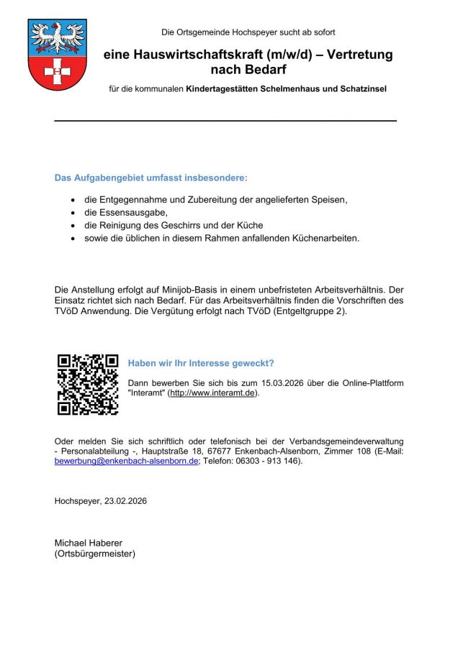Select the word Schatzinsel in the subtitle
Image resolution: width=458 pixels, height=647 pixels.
tap(362, 89)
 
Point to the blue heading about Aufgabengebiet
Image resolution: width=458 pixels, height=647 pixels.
tap(151, 178)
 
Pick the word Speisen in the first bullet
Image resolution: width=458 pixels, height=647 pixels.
tap(330, 200)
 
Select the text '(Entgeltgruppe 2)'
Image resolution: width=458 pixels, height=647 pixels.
tap(312, 311)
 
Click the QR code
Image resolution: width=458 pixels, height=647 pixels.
tap(88, 384)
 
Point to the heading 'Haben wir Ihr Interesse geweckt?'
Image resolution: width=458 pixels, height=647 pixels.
tap(201, 363)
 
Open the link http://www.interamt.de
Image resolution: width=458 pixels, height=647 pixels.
tap(212, 393)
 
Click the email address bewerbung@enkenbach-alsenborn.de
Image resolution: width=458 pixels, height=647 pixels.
tap(127, 462)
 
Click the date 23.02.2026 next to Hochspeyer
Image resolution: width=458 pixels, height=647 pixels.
tap(123, 500)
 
